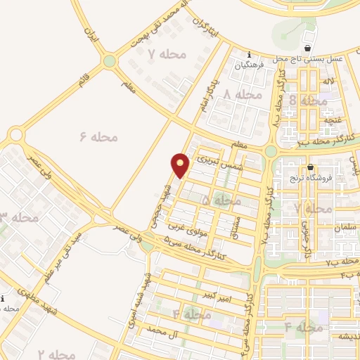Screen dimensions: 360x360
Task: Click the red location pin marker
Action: click(181, 165)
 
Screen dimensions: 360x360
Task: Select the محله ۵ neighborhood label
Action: click(221, 201)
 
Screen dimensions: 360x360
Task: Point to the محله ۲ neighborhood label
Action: click(56, 354)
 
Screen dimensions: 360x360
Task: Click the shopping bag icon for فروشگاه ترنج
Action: click(310, 167)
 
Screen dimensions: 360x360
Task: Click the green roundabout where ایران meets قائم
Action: click(109, 61)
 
